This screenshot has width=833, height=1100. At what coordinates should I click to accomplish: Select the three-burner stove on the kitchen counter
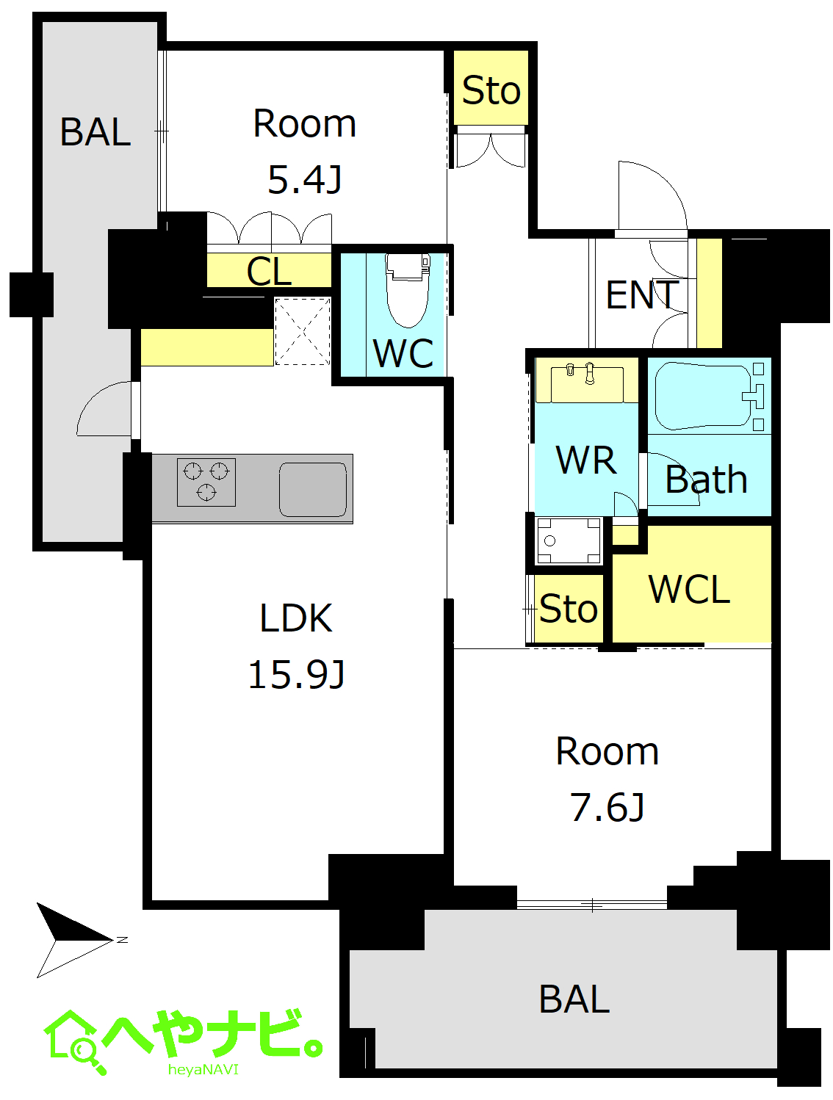click(x=206, y=482)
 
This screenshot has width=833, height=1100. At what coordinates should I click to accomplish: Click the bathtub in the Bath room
click(x=703, y=396)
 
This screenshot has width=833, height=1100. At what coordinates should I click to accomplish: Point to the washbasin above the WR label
click(x=586, y=384)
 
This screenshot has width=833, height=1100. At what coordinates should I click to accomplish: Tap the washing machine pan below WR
click(x=569, y=541)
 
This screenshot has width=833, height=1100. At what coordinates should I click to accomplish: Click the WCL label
click(x=688, y=589)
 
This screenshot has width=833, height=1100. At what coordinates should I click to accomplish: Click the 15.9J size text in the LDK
click(x=296, y=675)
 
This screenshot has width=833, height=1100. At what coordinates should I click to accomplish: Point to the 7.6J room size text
click(x=607, y=807)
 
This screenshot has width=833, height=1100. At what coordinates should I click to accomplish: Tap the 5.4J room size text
click(x=304, y=179)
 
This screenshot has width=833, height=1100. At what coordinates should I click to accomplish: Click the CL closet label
click(x=269, y=271)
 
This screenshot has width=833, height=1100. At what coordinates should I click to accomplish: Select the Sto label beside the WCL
click(x=568, y=609)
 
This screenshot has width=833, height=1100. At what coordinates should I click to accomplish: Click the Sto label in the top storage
click(x=491, y=91)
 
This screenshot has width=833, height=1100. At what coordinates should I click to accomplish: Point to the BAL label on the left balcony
click(x=95, y=131)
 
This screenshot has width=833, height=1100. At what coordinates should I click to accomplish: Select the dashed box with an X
click(x=302, y=331)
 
